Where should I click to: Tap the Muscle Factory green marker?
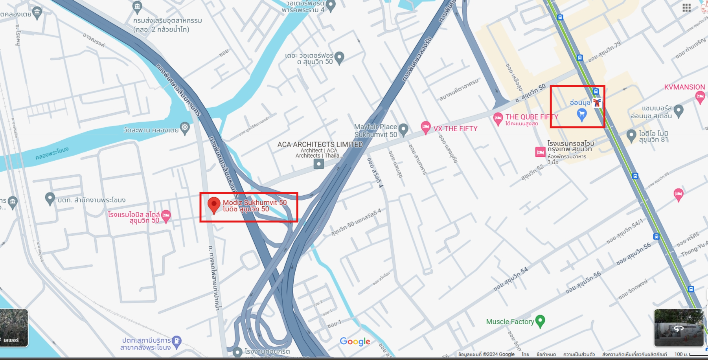coord(541,321)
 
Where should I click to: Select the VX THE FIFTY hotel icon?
coord(425,127)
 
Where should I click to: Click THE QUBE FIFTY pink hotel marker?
coord(498,118)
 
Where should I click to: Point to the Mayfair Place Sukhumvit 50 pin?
coord(403,129)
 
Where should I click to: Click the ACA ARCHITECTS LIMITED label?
coord(320,145)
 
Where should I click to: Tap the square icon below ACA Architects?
coord(318,164)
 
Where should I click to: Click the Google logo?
coord(355,342)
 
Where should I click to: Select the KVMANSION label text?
coord(684,87)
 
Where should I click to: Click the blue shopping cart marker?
coord(581,114)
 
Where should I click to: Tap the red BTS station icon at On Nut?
coord(597,103)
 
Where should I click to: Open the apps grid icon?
coord(686,8)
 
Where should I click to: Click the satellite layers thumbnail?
coord(14,328)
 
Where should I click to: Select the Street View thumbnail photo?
coord(679,328)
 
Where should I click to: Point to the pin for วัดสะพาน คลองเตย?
coord(185,127)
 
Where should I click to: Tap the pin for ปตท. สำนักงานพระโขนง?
coord(50,198)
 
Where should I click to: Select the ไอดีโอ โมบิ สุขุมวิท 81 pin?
coord(631,135)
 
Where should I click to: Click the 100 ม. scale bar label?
coord(679,354)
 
